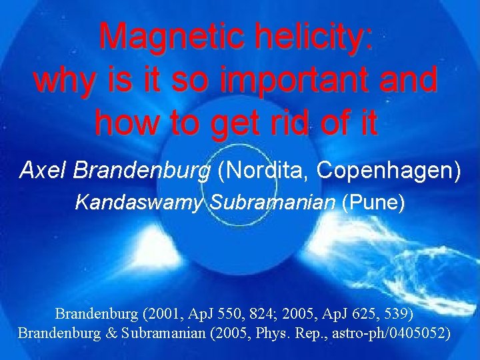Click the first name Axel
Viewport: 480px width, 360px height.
(x=43, y=171)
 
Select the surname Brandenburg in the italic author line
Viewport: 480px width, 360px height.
(x=142, y=171)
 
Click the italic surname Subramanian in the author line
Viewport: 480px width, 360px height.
(x=271, y=202)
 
